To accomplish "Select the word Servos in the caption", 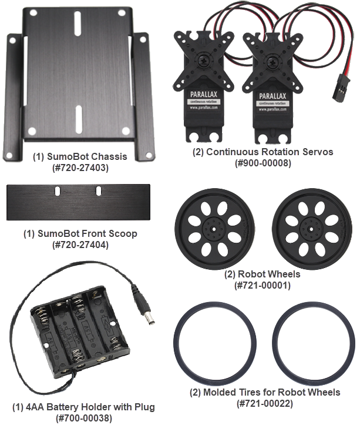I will coord(319,152).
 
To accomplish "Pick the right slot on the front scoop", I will coord(97,192).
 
